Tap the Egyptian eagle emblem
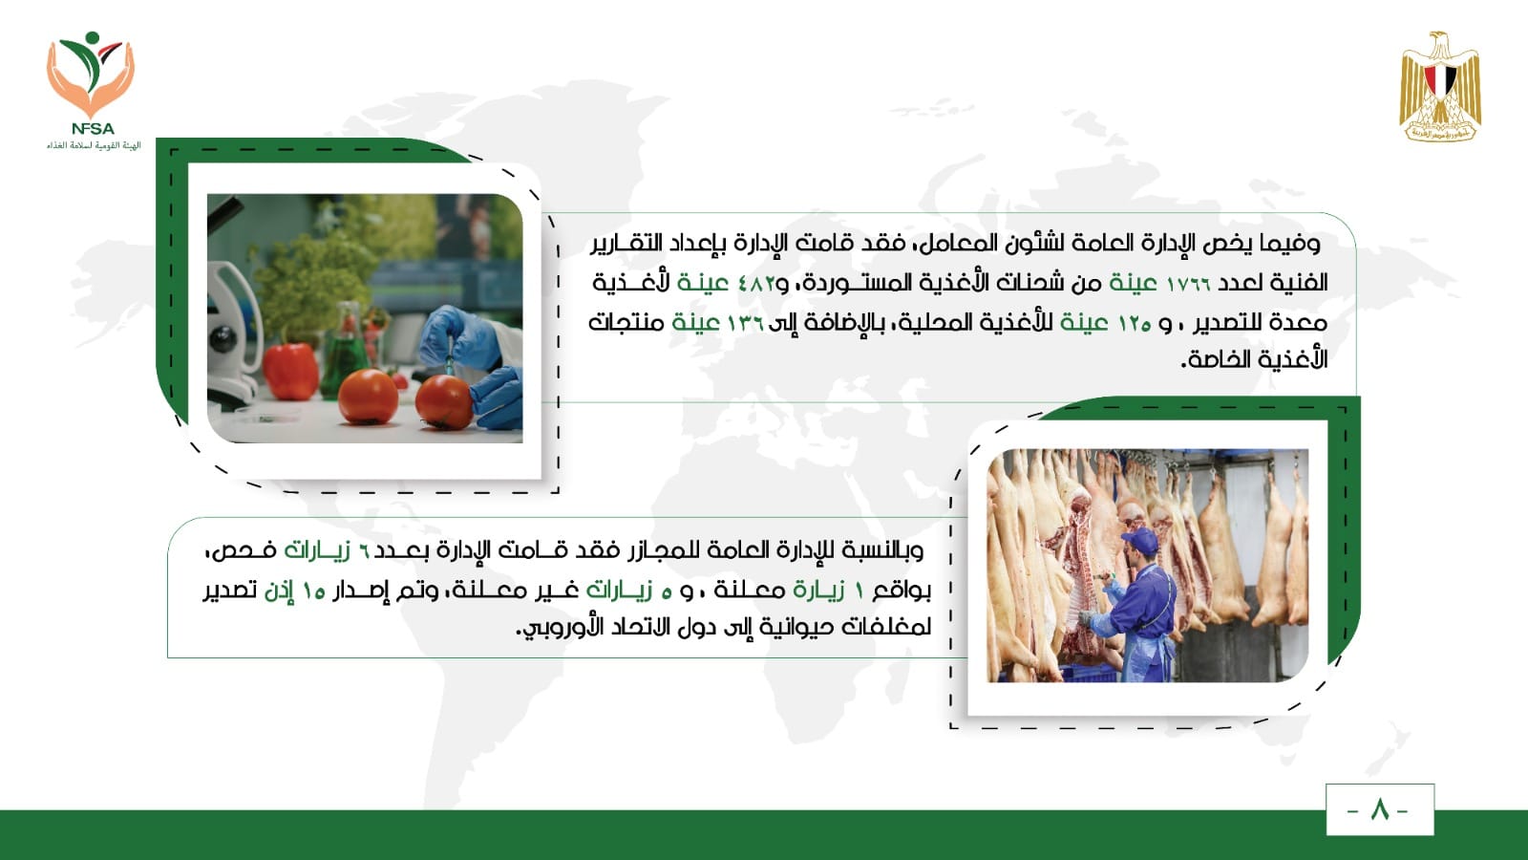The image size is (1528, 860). pyautogui.click(x=1440, y=86)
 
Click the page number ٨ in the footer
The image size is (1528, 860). pyautogui.click(x=1379, y=810)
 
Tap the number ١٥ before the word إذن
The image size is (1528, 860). pyautogui.click(x=314, y=591)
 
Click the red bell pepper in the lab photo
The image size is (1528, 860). pyautogui.click(x=290, y=371)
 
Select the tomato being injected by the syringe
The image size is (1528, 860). pyautogui.click(x=443, y=401)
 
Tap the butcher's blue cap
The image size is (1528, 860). pyautogui.click(x=1140, y=541)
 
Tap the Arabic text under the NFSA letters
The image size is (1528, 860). pyautogui.click(x=94, y=145)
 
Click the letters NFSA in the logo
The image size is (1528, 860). pyautogui.click(x=93, y=128)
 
